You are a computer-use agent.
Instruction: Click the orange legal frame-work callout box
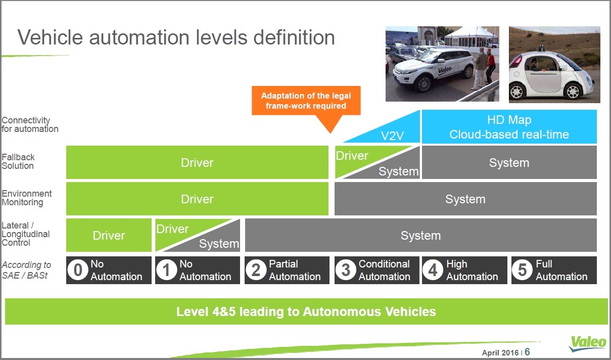[x=306, y=101]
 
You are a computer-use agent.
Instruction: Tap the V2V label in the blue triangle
[x=392, y=136]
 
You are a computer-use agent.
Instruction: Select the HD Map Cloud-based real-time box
[x=509, y=126]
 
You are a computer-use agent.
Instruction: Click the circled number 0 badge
[x=78, y=270]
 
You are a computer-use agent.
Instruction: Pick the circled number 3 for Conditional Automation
[x=346, y=270]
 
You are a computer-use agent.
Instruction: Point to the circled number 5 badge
[x=522, y=270]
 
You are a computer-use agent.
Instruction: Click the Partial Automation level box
[x=287, y=270]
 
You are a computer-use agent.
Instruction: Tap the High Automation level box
[x=464, y=270]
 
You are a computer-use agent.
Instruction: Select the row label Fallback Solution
[x=18, y=161]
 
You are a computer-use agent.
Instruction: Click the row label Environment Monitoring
[x=26, y=198]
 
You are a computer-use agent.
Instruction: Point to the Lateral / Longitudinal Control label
[x=25, y=234]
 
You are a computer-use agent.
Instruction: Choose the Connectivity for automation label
[x=30, y=124]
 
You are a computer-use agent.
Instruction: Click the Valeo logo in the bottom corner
[x=588, y=343]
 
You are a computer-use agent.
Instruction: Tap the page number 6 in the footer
[x=527, y=352]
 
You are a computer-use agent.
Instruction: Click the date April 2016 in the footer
[x=500, y=352]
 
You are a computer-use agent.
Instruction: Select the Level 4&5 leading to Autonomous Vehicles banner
[x=306, y=311]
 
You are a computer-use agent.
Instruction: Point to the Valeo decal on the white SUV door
[x=445, y=70]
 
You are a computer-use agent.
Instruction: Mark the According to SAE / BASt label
[x=26, y=270]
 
